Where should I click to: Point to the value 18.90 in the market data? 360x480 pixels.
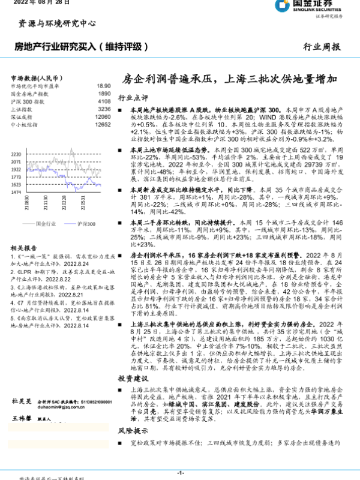coord(104,86)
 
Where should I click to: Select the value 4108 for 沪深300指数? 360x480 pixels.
coord(104,102)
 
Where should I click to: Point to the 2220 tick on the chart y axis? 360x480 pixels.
coord(17,154)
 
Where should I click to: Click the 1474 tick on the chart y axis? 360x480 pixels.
coord(17,193)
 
